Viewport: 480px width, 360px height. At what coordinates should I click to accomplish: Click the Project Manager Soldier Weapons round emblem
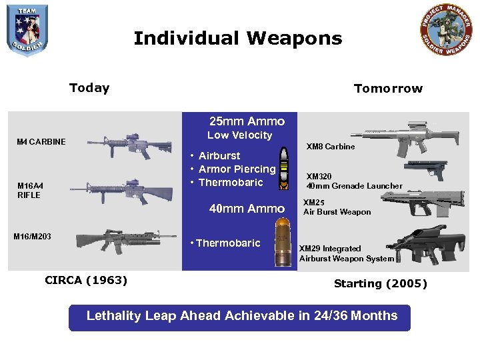click(x=447, y=30)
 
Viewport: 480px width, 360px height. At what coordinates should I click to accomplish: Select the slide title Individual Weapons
click(x=237, y=38)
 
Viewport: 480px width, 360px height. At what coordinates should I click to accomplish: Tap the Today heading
click(x=89, y=88)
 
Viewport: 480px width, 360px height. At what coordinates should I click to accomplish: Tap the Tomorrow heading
click(x=388, y=89)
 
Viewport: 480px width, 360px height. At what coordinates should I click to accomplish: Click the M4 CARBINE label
click(x=41, y=141)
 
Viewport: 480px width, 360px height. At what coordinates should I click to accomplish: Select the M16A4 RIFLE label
click(x=29, y=190)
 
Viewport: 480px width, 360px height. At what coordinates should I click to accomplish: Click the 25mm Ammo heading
click(x=247, y=121)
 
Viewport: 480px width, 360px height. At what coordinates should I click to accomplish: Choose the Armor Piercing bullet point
click(x=237, y=169)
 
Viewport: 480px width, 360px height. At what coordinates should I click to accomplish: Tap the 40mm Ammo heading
click(x=247, y=209)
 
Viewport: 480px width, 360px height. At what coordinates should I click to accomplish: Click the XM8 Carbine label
click(x=330, y=146)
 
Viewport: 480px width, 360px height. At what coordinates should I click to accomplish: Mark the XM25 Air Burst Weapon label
click(x=337, y=207)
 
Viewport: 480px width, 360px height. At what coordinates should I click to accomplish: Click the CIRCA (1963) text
click(x=86, y=280)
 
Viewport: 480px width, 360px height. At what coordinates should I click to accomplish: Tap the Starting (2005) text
click(x=380, y=283)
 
